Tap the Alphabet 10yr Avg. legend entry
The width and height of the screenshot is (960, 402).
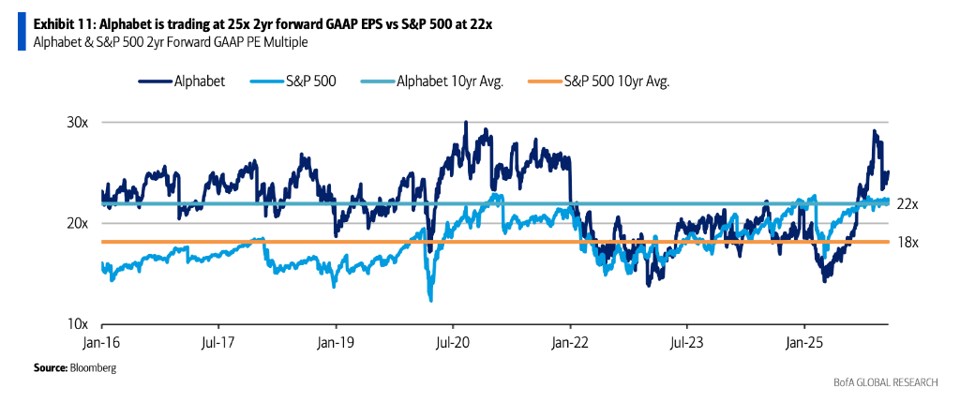tap(450, 82)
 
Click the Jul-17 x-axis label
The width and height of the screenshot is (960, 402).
tap(217, 342)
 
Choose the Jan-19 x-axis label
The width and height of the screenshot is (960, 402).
tap(336, 342)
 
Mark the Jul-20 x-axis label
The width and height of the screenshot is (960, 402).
tap(453, 342)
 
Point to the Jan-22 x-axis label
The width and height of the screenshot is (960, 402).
tap(570, 342)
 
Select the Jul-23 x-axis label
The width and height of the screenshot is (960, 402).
tap(687, 342)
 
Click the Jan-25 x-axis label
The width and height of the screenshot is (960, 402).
tap(804, 342)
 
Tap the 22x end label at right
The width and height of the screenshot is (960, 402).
tap(907, 203)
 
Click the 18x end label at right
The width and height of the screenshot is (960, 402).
tap(907, 242)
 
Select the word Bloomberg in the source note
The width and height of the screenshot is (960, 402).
tap(94, 368)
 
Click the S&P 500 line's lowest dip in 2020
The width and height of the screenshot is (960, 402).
tap(429, 300)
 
